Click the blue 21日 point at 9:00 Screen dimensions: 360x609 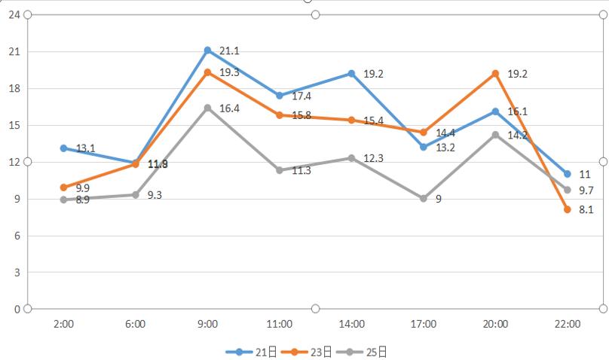click(x=207, y=50)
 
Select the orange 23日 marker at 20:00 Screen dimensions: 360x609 click(x=495, y=74)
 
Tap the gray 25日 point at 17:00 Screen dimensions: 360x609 click(x=424, y=199)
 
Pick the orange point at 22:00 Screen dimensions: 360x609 click(x=567, y=209)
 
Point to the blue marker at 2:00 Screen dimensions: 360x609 click(x=64, y=148)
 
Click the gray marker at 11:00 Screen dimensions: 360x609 click(x=280, y=170)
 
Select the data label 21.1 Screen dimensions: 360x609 click(x=229, y=51)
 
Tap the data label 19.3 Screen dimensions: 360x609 click(x=229, y=73)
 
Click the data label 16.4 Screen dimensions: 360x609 click(x=229, y=109)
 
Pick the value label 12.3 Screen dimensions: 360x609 click(x=374, y=158)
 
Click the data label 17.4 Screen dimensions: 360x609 click(x=301, y=96)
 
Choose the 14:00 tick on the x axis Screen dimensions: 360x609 click(x=352, y=325)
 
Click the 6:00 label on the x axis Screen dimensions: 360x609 click(x=136, y=325)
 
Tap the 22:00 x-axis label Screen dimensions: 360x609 click(x=567, y=325)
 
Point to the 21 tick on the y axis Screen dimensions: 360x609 click(x=14, y=51)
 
